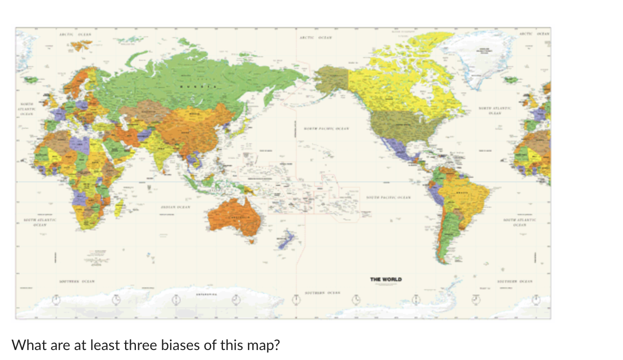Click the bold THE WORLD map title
[x=386, y=279]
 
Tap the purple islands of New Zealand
[x=286, y=239]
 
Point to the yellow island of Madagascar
[x=119, y=208]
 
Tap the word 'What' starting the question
[x=26, y=345]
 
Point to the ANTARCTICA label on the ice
[x=207, y=294]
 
